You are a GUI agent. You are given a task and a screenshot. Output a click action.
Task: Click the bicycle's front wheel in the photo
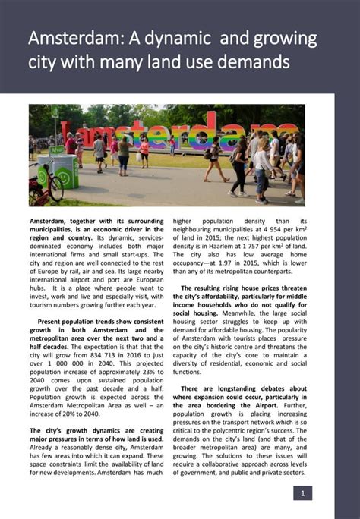click(55, 190)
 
